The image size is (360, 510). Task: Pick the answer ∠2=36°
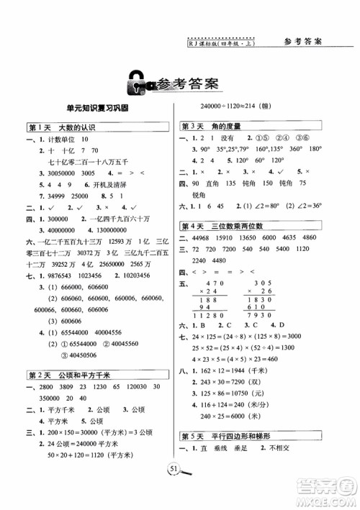[x=293, y=215]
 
